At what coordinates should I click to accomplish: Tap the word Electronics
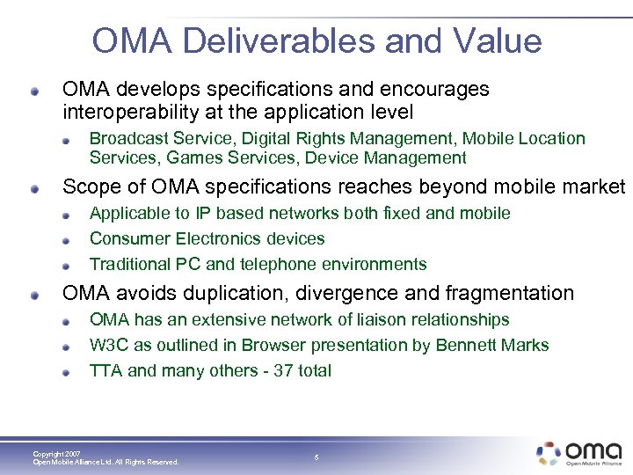[218, 238]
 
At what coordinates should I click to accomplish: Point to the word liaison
[366, 319]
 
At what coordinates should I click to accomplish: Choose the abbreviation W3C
[106, 345]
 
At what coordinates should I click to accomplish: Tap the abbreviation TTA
[105, 370]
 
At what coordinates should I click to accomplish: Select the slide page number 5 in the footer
[316, 457]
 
